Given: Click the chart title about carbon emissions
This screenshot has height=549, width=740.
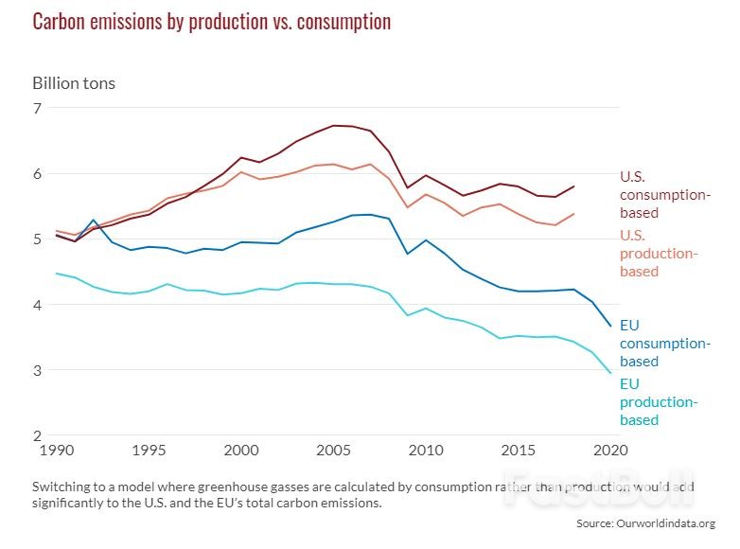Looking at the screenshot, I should tap(212, 22).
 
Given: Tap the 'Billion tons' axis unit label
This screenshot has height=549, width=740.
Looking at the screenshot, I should tap(74, 83).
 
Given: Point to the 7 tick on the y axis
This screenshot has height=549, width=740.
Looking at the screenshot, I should tap(38, 108).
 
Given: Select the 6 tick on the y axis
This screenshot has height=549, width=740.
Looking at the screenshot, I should tap(38, 174).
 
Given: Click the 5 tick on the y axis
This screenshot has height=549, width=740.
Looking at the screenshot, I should tap(38, 239).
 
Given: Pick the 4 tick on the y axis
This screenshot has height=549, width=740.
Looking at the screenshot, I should tap(38, 305).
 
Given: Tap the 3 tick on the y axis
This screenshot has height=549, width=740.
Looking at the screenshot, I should tap(38, 371).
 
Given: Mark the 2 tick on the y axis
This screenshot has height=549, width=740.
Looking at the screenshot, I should tap(38, 436).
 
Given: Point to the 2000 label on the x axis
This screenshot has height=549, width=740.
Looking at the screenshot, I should tap(240, 452).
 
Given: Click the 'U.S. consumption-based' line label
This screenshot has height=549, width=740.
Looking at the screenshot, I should tap(663, 194).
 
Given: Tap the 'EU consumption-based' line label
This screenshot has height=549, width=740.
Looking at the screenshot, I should tap(663, 343).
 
